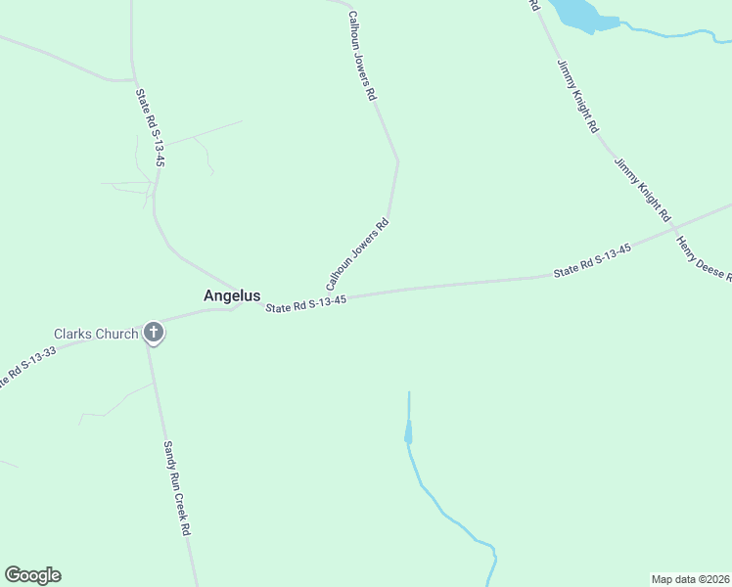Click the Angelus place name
[232, 295]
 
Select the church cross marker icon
[154, 334]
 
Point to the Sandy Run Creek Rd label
[175, 486]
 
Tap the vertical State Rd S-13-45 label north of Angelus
[150, 128]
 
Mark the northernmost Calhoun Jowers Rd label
[360, 57]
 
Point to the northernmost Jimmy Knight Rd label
[577, 96]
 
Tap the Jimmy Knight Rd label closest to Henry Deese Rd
[642, 189]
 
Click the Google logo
[32, 575]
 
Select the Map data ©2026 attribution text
[690, 578]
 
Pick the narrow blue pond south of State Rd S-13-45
[408, 431]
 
